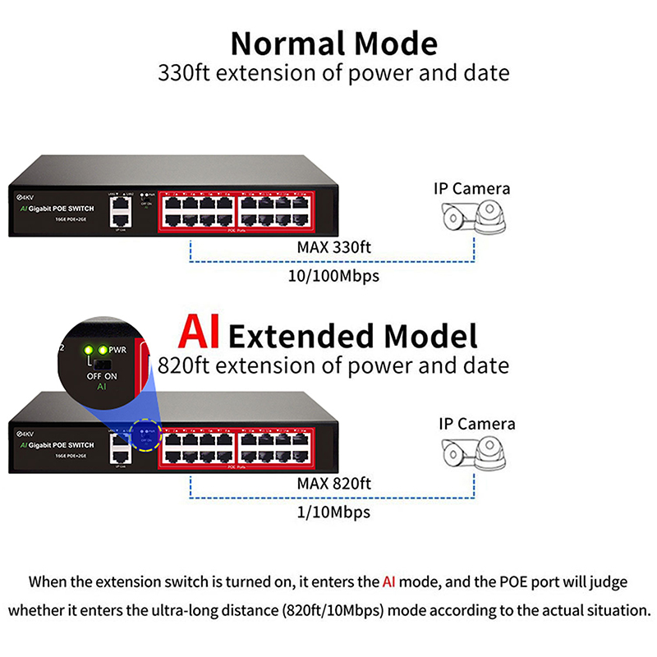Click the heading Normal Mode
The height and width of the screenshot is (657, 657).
click(333, 42)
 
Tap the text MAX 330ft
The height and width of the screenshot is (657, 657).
click(333, 247)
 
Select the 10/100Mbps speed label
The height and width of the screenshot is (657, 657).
click(333, 276)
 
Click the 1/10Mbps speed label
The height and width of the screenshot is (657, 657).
click(333, 512)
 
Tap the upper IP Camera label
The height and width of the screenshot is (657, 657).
click(471, 189)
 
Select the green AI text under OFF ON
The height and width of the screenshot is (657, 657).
click(103, 386)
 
